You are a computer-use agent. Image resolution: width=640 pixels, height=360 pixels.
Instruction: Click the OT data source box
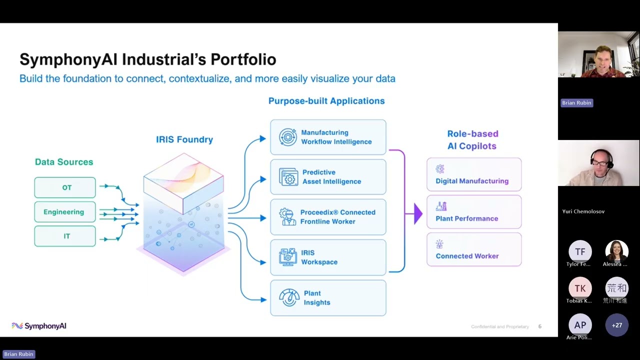coord(65,187)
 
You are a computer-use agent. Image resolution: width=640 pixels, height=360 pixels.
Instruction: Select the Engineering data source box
coord(65,212)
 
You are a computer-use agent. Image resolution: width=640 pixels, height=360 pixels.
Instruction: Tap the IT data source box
coord(65,236)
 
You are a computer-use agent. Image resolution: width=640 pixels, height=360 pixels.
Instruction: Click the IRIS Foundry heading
coord(184,139)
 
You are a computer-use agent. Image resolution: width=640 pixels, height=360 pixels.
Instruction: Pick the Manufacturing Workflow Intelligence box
coord(328,137)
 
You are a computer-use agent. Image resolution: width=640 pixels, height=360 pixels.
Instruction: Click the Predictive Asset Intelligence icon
coord(288,177)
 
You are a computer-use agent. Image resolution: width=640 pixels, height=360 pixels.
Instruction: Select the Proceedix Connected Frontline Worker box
coord(328,217)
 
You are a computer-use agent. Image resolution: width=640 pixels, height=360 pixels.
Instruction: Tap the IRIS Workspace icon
coord(288,257)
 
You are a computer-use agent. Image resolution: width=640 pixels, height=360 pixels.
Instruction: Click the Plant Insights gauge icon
coord(289,297)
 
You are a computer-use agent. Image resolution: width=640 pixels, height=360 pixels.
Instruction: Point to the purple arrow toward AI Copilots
coord(417,214)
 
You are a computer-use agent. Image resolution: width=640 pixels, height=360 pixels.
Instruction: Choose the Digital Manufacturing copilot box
coord(474,174)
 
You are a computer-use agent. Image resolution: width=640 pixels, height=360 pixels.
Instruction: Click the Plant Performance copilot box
coord(474,212)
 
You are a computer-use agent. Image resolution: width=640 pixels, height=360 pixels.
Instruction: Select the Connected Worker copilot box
coord(474,249)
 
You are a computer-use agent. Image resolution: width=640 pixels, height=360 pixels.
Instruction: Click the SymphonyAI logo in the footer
coord(39,326)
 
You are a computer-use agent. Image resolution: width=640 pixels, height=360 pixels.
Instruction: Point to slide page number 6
coord(540,326)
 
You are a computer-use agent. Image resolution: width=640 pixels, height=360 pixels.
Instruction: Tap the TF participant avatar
coord(580,251)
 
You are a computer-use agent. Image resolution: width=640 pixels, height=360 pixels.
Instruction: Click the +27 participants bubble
coord(617,325)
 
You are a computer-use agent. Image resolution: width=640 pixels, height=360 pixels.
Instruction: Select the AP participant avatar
coord(580,325)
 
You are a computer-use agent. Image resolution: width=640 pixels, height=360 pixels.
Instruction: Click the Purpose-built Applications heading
coord(326,101)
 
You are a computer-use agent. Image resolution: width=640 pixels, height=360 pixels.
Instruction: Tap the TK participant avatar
coord(580,288)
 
